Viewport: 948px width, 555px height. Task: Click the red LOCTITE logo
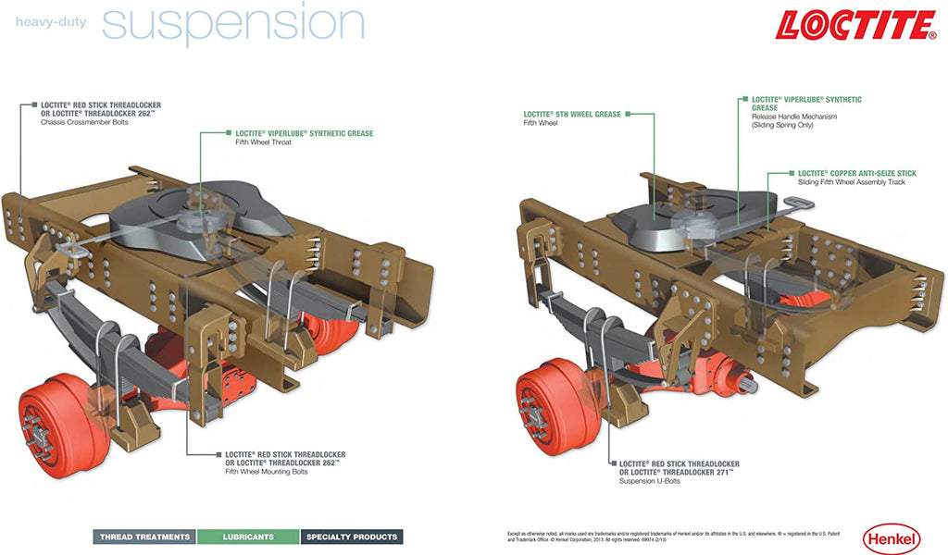click(855, 25)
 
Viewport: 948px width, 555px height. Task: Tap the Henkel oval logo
click(891, 537)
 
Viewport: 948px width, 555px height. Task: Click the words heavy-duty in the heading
click(51, 21)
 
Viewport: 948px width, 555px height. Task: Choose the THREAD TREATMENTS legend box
click(144, 536)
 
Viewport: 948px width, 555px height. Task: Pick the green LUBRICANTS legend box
click(248, 536)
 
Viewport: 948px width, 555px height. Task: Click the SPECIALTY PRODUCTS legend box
click(352, 536)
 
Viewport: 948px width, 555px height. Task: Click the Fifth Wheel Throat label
click(263, 142)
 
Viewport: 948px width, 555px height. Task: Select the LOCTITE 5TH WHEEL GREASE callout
click(571, 114)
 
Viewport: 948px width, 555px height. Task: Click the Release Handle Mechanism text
click(793, 117)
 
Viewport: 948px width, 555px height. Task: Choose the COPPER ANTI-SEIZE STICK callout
click(857, 173)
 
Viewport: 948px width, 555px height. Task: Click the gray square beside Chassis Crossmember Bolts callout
click(34, 105)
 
